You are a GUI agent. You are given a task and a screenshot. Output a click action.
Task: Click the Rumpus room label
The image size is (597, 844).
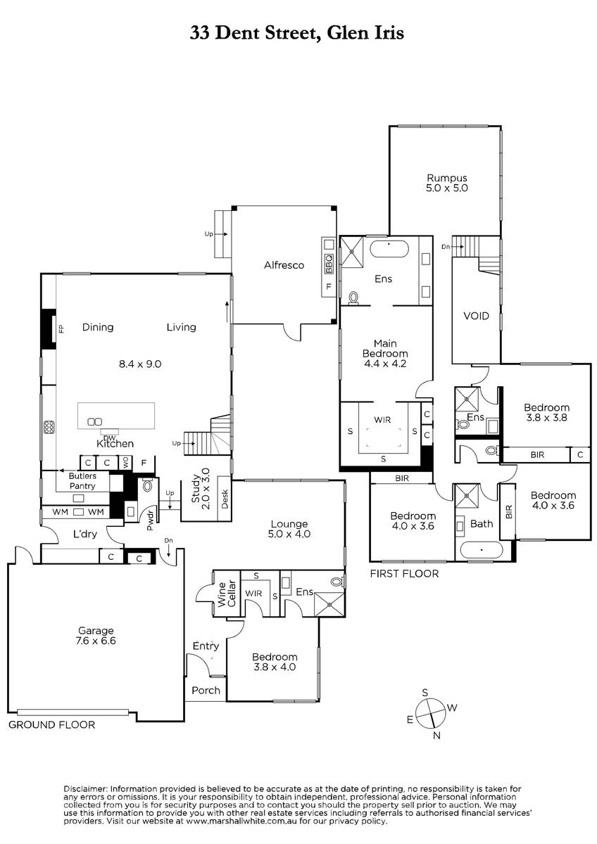point(446,178)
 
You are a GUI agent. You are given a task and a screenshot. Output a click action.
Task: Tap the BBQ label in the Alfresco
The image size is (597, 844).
point(329,264)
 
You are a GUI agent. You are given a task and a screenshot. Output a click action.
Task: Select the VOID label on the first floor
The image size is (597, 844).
point(476,316)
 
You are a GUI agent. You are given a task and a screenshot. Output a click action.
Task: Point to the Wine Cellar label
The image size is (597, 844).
point(227,594)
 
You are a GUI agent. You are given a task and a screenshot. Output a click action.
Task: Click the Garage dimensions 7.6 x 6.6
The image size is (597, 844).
point(96,641)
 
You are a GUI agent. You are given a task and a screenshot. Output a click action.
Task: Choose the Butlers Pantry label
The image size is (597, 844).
point(82,481)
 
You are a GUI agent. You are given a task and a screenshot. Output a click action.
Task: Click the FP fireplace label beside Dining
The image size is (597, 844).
point(61,329)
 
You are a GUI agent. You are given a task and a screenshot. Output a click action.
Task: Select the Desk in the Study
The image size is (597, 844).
point(225,499)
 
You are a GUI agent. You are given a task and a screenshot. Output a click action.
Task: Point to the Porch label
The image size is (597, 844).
point(206,690)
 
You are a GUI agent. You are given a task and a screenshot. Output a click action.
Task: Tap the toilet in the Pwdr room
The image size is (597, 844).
point(147,485)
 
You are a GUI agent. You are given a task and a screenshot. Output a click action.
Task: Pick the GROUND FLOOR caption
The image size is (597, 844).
point(51,724)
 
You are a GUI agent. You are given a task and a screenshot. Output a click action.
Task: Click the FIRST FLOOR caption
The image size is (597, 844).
point(404,573)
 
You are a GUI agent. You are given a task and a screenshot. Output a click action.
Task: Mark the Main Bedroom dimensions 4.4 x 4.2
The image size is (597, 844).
point(385,364)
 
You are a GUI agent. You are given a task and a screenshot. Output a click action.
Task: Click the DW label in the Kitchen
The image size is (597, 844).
point(109,437)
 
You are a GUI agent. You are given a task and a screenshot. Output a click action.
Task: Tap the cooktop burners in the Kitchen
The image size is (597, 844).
point(49,426)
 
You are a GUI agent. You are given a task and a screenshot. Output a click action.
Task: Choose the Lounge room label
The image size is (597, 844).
point(289,524)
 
